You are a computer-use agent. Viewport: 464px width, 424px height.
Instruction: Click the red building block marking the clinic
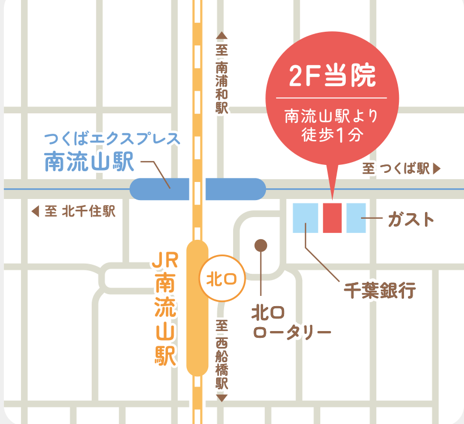click(332, 218)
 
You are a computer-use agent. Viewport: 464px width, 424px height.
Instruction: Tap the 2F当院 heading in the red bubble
click(332, 77)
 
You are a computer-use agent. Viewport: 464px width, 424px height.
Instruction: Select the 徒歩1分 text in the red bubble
click(332, 135)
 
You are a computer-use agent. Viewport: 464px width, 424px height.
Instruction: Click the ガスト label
click(411, 219)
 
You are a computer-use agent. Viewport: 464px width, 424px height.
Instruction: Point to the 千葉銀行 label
click(380, 291)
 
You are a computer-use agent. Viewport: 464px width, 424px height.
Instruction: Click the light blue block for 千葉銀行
click(306, 218)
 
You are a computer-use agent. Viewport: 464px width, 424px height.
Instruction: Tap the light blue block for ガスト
click(356, 218)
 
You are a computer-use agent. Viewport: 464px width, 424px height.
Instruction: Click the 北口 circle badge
click(218, 279)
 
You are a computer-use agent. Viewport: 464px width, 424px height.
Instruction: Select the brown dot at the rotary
click(260, 245)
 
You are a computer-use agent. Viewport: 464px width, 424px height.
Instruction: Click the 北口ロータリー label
click(291, 322)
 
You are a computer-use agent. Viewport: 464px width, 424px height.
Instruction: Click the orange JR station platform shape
click(197, 307)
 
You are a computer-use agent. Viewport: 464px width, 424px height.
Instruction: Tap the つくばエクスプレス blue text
click(112, 138)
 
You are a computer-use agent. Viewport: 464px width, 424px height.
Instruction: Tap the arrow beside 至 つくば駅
click(436, 168)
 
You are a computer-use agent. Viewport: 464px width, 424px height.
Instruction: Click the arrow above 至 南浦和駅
click(221, 36)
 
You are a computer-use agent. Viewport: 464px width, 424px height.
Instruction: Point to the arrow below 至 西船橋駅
click(221, 398)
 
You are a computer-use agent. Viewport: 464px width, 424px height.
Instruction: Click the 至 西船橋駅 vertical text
click(221, 355)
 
